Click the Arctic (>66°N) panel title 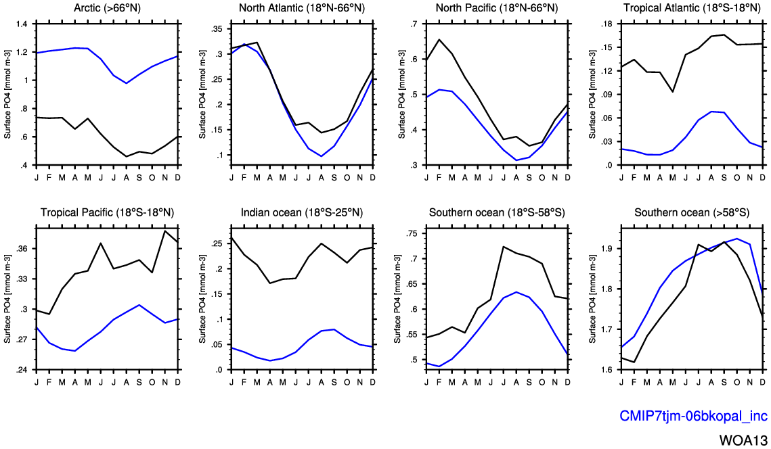107,8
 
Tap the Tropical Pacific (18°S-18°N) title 107,212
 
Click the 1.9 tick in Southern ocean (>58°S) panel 605,249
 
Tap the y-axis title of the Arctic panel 7,95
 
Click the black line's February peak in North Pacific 439,39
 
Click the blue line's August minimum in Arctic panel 126,83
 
